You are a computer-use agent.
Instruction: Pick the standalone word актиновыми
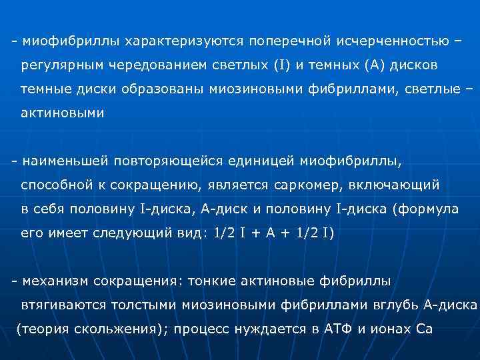pyautogui.click(x=62, y=113)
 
